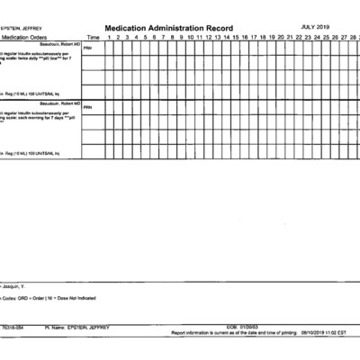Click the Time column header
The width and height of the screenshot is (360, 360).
(x=93, y=37)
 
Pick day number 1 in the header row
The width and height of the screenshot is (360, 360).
(x=109, y=37)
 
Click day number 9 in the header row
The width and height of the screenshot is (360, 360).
(x=181, y=37)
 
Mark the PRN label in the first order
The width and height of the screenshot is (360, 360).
(x=87, y=48)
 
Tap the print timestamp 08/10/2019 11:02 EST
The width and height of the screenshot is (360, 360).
(x=318, y=332)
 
